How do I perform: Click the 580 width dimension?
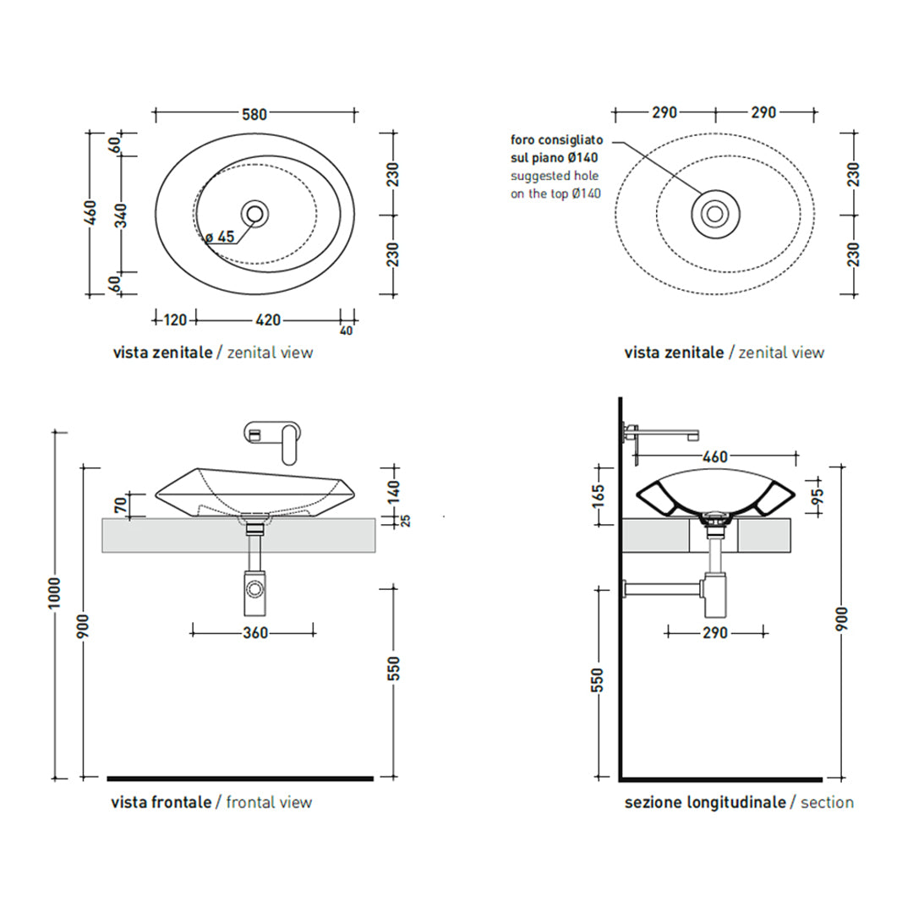[254, 114]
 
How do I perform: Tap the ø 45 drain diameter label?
[220, 237]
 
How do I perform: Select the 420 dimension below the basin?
[268, 320]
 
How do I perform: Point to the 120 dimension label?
[175, 320]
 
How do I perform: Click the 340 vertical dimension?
[122, 214]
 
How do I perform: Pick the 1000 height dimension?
[54, 593]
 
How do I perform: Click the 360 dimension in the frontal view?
[255, 632]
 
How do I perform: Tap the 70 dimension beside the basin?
[121, 505]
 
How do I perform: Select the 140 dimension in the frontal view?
[394, 493]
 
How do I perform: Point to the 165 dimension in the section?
[598, 496]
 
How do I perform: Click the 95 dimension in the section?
[818, 496]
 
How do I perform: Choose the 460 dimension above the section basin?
[715, 457]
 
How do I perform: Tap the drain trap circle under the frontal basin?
[254, 590]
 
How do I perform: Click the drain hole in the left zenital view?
[254, 214]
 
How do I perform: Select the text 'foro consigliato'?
[556, 140]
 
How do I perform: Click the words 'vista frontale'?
[161, 802]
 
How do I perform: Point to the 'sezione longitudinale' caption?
[705, 803]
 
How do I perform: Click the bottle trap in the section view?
[715, 595]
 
